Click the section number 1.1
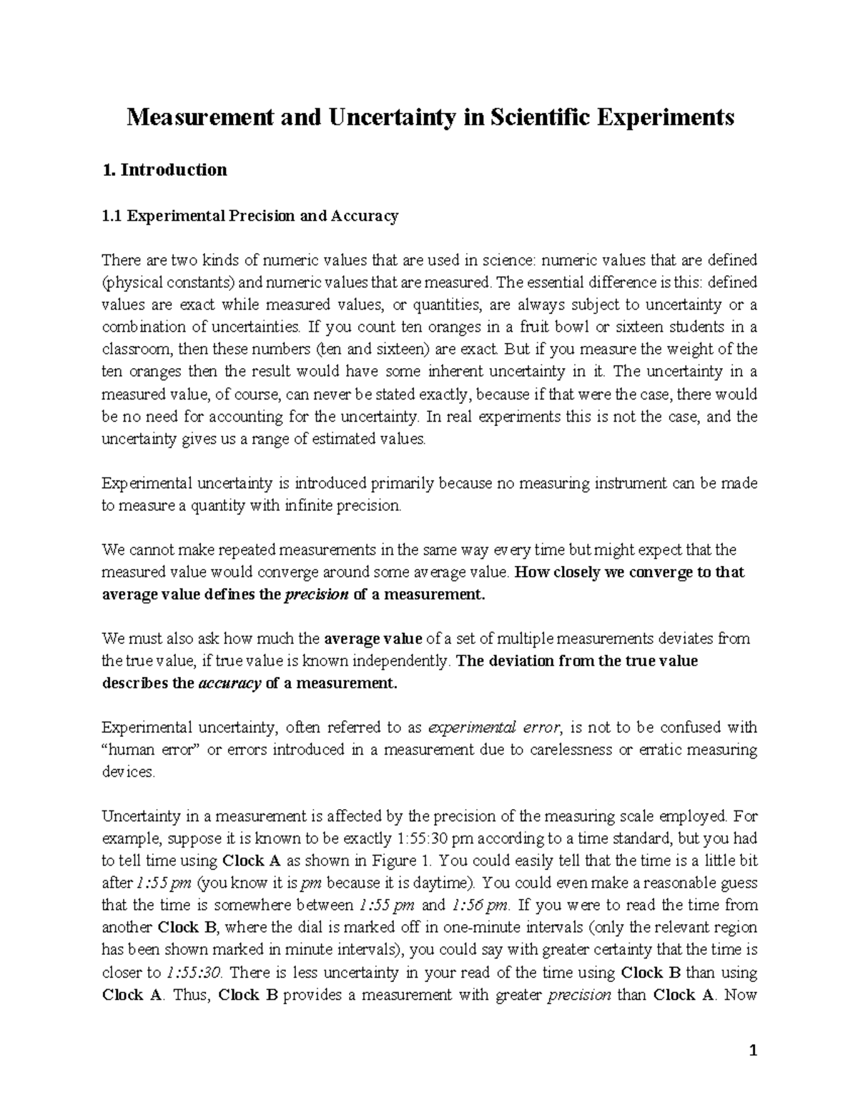[112, 216]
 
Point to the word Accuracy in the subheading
[363, 216]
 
